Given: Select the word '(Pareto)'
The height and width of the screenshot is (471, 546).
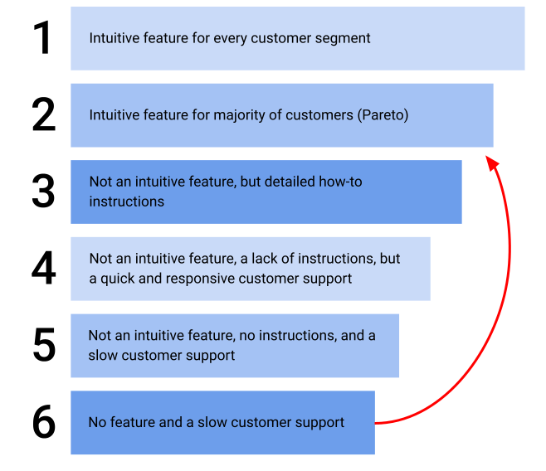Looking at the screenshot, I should click(383, 115).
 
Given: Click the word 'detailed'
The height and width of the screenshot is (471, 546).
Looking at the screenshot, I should click(290, 182).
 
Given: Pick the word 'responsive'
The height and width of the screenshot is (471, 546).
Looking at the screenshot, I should click(200, 279).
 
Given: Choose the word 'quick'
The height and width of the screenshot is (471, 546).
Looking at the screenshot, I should click(119, 279).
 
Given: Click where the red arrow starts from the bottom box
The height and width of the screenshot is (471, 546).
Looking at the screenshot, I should click(378, 423).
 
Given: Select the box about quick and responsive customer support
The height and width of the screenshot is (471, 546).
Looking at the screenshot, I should click(250, 269).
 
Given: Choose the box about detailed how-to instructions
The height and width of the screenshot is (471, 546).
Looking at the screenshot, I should click(266, 192).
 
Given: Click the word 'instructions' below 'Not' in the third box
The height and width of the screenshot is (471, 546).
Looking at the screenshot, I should click(126, 202).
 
